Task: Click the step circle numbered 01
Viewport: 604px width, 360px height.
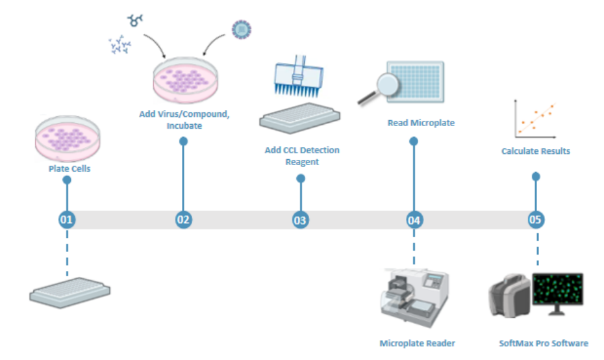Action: point(66,220)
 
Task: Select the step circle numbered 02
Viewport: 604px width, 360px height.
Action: point(183,220)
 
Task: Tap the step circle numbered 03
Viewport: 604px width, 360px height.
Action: point(300,220)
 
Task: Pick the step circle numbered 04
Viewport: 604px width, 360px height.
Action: point(414,220)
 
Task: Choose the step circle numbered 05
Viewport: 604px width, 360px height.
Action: point(536,220)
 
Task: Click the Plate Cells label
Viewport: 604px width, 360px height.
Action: point(69,169)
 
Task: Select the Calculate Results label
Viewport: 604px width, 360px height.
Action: point(535,151)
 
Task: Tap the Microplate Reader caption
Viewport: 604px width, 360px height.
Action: point(418,343)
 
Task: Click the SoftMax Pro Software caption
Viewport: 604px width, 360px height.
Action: point(544,343)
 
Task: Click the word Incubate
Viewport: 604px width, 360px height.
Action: point(184,125)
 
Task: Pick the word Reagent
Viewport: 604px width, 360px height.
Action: point(302,162)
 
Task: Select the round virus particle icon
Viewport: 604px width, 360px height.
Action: point(241,29)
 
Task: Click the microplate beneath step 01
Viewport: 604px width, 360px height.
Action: point(70,291)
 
